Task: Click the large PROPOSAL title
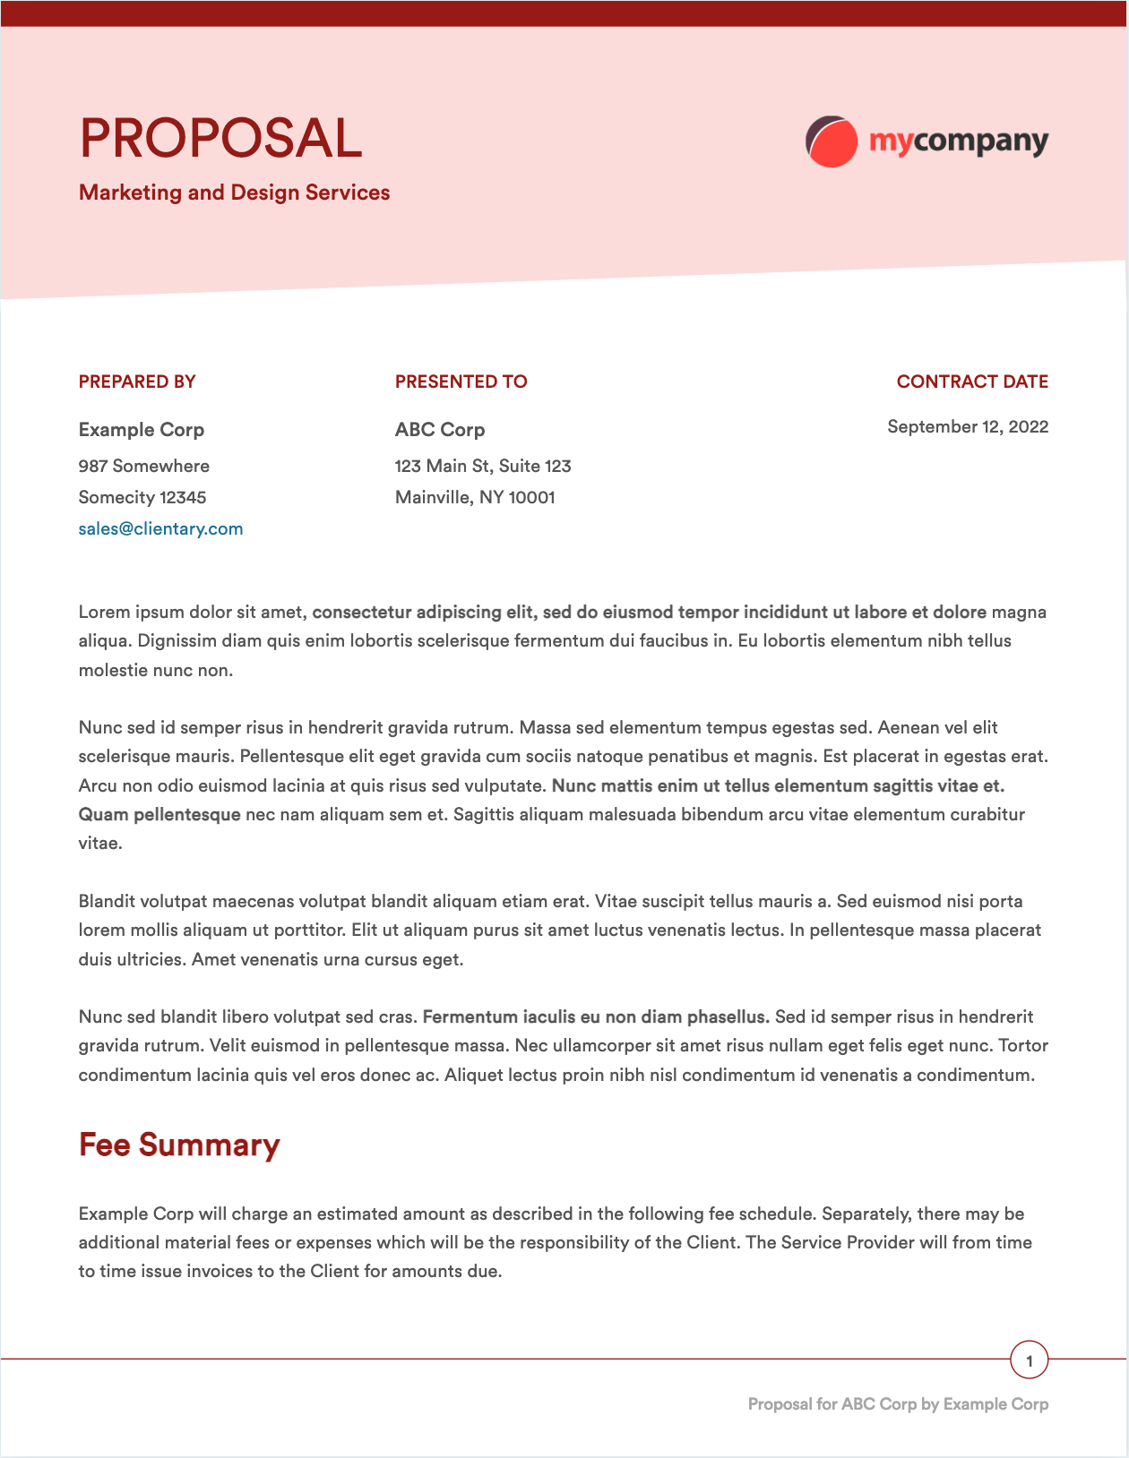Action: tap(220, 139)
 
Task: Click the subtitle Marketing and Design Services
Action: tap(234, 193)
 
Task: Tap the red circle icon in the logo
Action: tap(832, 142)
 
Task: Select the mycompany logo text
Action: tap(958, 142)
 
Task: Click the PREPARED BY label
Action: tap(137, 382)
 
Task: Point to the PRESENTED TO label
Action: tap(461, 382)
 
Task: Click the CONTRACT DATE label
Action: tap(972, 382)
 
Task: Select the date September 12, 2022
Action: tap(968, 426)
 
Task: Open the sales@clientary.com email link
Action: tap(160, 528)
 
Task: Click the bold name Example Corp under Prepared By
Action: tap(142, 430)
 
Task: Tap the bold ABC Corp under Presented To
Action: tap(440, 430)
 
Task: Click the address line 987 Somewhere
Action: tap(144, 466)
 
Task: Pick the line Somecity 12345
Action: tap(142, 497)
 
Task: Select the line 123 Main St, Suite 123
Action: tap(483, 466)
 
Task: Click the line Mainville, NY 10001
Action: tap(475, 497)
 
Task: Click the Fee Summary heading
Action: tap(179, 1145)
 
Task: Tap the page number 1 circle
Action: tap(1029, 1361)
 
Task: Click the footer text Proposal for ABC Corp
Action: tap(898, 1404)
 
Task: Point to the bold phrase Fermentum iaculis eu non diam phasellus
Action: tap(596, 1016)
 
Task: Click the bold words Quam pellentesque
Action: tap(159, 814)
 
